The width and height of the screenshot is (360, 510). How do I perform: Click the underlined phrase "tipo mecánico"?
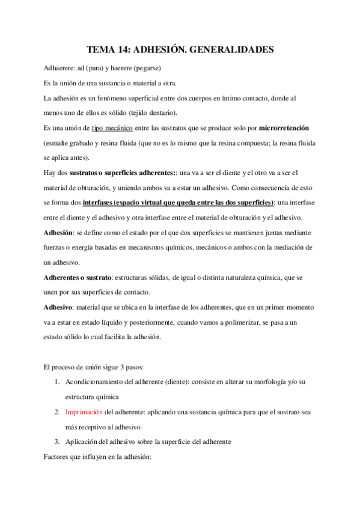point(112,128)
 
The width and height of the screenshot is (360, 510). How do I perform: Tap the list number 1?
point(55,382)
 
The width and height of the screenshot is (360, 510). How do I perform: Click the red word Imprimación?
point(84,412)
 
